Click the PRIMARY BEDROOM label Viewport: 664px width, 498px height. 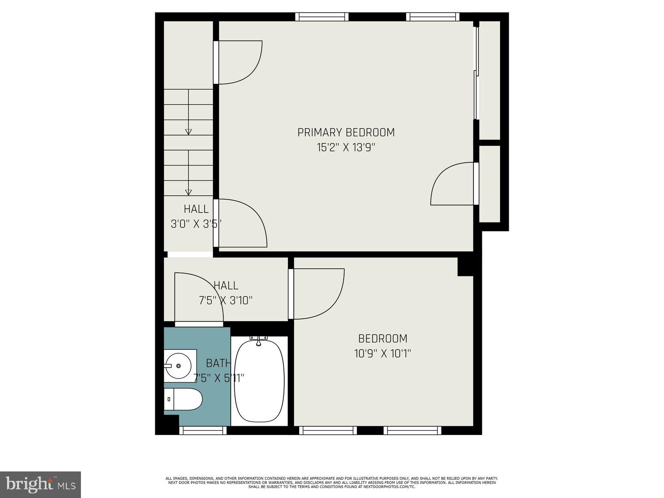346,132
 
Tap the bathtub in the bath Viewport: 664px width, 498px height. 260,382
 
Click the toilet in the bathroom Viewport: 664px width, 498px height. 183,399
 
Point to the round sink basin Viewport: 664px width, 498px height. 178,366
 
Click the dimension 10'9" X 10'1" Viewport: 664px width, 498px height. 382,354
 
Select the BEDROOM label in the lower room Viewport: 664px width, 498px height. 382,339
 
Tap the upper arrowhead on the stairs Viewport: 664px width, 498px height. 188,132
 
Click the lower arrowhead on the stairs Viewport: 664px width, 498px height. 188,192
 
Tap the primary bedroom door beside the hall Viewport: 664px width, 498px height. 243,223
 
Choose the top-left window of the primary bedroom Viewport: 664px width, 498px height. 322,17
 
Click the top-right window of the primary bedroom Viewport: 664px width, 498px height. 432,17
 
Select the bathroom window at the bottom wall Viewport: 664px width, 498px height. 203,431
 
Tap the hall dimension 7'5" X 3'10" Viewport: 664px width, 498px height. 226,300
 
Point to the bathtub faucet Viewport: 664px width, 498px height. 259,342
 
